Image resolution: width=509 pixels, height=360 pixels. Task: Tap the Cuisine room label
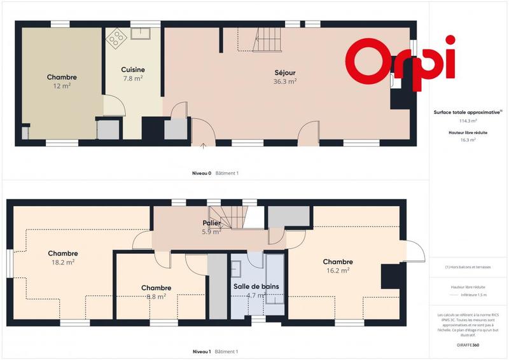pyautogui.click(x=133, y=70)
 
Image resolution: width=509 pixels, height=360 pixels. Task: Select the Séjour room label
pyautogui.click(x=285, y=73)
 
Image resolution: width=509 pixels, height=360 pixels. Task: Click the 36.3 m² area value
pyautogui.click(x=285, y=81)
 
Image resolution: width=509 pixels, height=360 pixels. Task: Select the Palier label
pyautogui.click(x=212, y=224)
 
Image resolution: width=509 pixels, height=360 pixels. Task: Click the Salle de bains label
pyautogui.click(x=256, y=287)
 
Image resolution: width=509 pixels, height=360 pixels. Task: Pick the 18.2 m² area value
pyautogui.click(x=63, y=261)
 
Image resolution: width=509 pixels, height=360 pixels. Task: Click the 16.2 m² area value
pyautogui.click(x=337, y=270)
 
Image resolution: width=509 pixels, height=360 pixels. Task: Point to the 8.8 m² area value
pyautogui.click(x=156, y=296)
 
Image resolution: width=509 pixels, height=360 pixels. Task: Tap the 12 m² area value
pyautogui.click(x=62, y=85)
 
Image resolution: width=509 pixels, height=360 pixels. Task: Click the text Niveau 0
pyautogui.click(x=202, y=173)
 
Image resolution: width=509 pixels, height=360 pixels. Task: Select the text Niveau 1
pyautogui.click(x=202, y=352)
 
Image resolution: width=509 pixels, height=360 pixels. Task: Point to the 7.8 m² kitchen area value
pyautogui.click(x=133, y=78)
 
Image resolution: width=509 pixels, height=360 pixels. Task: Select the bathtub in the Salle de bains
pyautogui.click(x=275, y=279)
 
